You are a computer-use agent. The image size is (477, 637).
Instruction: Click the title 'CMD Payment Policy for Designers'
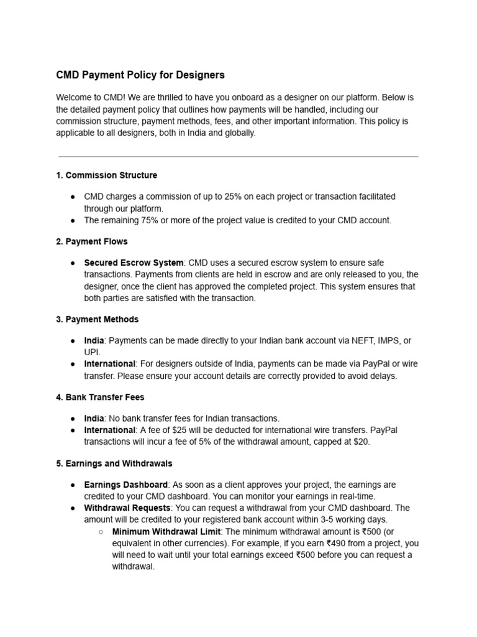tap(140, 75)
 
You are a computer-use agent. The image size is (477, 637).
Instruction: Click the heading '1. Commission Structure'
tap(106, 175)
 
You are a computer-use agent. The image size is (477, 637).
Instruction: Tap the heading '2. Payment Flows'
tap(92, 241)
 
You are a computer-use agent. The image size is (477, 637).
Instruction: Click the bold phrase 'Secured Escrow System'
tap(134, 263)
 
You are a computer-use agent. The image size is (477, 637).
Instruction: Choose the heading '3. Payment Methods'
tap(97, 319)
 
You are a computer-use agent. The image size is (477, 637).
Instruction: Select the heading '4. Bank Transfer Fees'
tap(100, 397)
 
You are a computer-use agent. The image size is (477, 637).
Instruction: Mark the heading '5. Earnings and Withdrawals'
tap(114, 463)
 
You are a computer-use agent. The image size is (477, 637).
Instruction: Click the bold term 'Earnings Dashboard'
tap(125, 485)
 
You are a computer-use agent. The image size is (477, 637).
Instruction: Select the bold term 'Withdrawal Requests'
tap(127, 508)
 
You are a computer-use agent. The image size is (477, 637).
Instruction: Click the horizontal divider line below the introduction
tap(238, 156)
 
